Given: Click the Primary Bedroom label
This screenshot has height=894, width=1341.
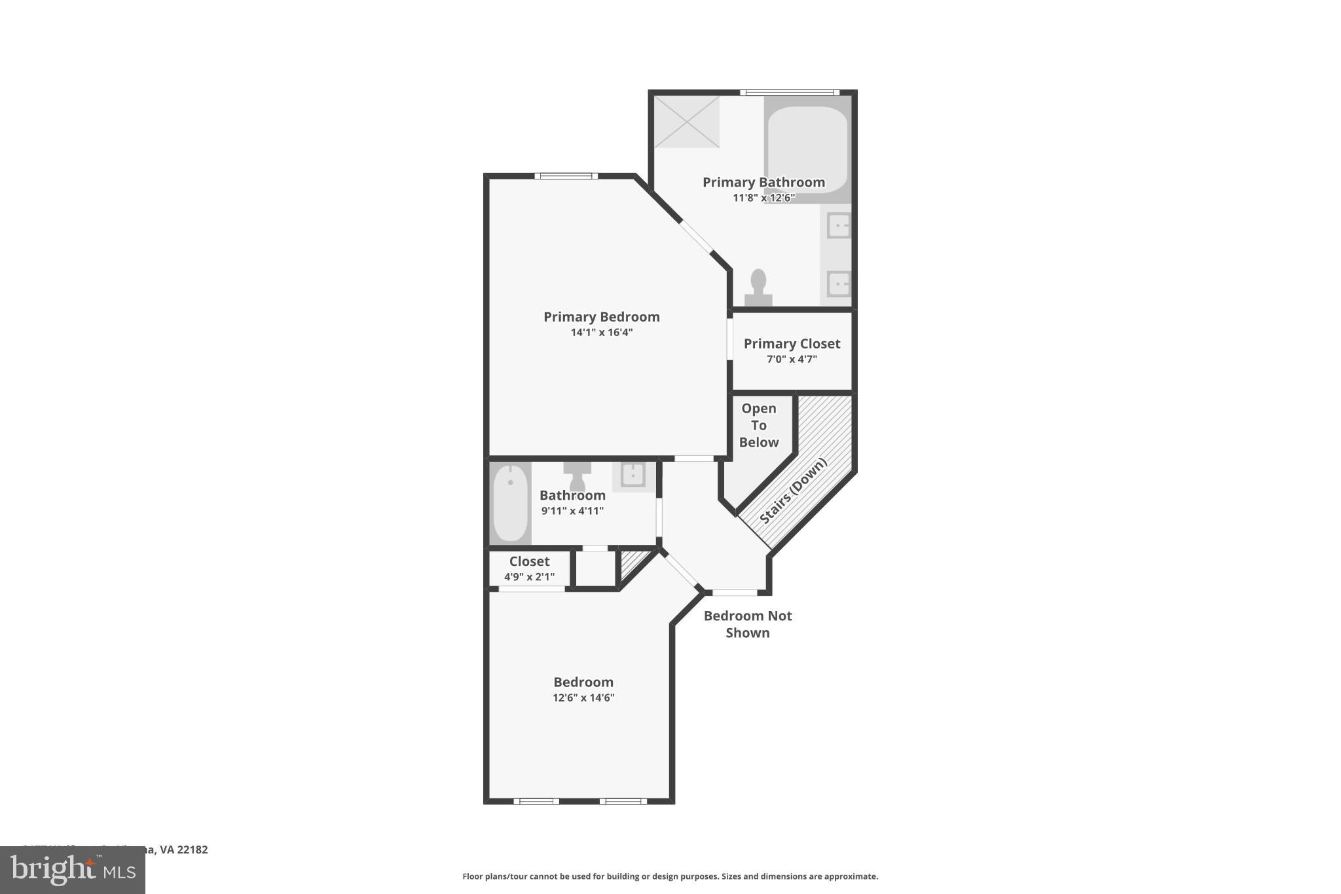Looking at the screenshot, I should [601, 317].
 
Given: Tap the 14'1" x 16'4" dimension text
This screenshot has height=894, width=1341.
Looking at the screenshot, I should [601, 333].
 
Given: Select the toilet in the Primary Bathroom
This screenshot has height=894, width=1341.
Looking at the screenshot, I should [758, 289].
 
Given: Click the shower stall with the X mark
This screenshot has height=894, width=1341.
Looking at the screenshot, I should [687, 122].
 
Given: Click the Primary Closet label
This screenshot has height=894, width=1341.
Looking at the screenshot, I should [792, 344].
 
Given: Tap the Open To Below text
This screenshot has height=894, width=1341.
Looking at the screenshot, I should [759, 425].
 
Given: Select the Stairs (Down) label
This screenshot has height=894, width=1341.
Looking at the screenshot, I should [793, 491].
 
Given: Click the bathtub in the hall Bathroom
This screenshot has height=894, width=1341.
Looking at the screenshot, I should [510, 502].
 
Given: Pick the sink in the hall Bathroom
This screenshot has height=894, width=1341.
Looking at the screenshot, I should [633, 475].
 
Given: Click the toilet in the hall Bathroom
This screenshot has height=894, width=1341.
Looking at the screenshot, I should [577, 475].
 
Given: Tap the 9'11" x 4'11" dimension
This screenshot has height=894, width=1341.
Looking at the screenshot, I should [572, 511].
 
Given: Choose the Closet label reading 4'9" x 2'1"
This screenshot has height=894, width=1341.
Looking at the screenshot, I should [529, 569].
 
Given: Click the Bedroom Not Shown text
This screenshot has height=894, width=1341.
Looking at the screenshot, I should [748, 624].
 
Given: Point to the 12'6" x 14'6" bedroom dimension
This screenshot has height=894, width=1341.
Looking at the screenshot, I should [583, 698].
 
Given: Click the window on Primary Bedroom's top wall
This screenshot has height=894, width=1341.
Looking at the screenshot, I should [566, 176].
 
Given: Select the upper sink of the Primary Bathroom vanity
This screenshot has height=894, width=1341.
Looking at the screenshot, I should [838, 226].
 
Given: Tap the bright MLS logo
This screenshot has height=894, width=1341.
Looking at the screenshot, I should [73, 870].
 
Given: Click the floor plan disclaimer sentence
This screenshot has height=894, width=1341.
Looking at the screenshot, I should [670, 876].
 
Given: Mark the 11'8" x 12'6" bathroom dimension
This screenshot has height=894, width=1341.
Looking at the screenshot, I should [763, 198].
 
